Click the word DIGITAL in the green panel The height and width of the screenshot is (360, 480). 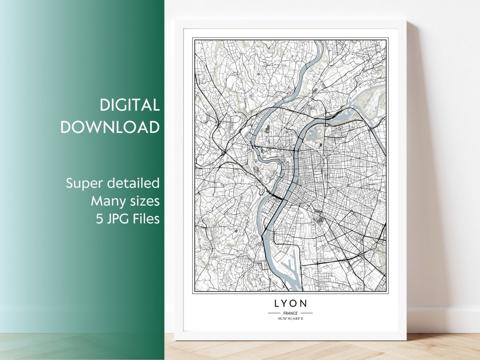(129, 105)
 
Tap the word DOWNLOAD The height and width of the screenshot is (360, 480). (110, 127)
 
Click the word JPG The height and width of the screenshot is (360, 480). (116, 219)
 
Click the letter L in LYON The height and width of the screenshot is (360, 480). (277, 304)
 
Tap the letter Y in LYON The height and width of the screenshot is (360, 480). (287, 304)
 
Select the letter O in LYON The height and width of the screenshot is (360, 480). (296, 304)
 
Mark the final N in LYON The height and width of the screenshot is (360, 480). (304, 304)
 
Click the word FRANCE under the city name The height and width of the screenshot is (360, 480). (290, 313)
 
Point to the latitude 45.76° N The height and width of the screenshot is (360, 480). (283, 319)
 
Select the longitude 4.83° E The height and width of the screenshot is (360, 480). (298, 319)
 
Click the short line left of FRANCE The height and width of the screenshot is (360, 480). (274, 313)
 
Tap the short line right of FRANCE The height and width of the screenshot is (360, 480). (307, 313)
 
